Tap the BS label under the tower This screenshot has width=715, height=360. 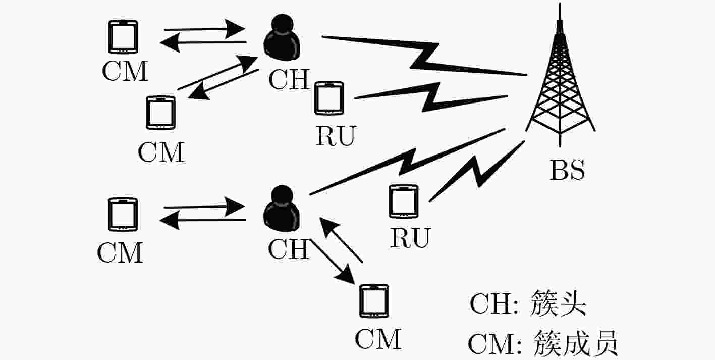tap(567, 170)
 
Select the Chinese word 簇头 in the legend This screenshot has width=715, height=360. tap(558, 303)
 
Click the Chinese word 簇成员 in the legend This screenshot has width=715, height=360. tap(575, 343)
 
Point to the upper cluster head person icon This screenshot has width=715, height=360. tap(282, 37)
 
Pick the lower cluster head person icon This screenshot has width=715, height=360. tap(282, 208)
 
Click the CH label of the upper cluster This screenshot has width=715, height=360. tap(289, 79)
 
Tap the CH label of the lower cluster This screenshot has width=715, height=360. tap(289, 249)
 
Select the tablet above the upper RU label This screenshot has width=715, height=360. tap(329, 98)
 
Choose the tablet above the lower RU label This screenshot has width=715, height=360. tap(404, 201)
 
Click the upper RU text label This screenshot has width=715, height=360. tap(336, 136)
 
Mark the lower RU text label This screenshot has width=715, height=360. tap(411, 238)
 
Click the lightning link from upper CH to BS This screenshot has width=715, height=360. tap(424, 56)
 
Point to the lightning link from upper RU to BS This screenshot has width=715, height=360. tap(431, 97)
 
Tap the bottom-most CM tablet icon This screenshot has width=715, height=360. tap(374, 301)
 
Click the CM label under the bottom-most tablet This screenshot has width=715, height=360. tap(378, 339)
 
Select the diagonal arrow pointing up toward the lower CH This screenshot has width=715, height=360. tap(341, 239)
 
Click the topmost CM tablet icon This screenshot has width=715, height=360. tap(123, 37)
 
